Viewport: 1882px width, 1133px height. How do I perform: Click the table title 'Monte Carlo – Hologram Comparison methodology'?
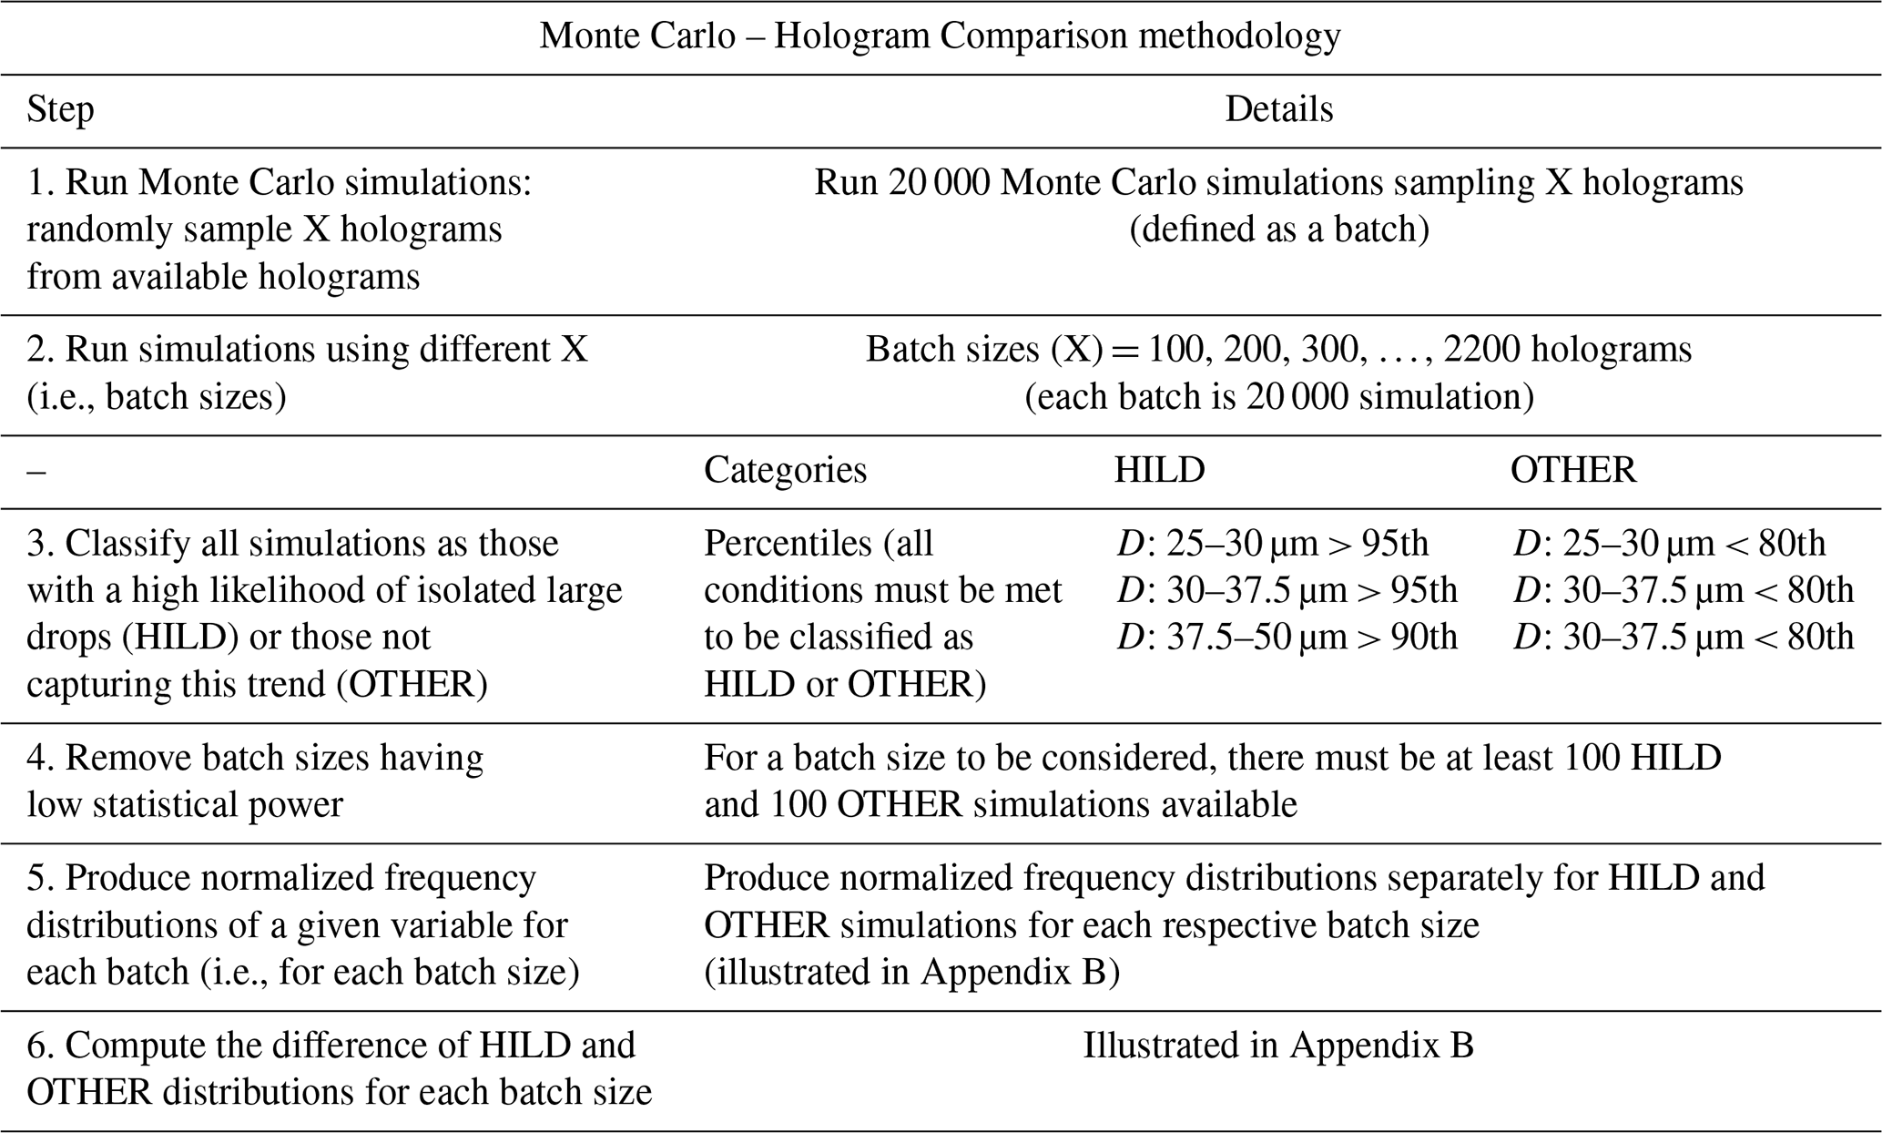(x=940, y=36)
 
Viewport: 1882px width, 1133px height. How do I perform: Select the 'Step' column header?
(x=60, y=109)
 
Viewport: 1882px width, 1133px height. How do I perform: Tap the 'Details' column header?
(x=1278, y=109)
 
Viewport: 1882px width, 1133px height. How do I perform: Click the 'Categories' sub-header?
(x=785, y=470)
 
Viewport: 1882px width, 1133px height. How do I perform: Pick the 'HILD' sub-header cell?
(x=1159, y=470)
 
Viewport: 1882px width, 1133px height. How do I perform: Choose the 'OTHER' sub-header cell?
(x=1572, y=470)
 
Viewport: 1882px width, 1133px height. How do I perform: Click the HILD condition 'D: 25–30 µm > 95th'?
(x=1272, y=544)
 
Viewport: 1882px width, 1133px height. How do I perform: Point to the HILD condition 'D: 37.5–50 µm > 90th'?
(x=1287, y=637)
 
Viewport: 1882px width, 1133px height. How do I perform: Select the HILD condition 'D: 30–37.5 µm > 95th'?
(x=1287, y=590)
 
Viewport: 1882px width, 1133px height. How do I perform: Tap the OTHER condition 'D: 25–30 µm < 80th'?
(x=1669, y=544)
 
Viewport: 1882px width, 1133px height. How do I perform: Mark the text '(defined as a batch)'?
(x=1278, y=229)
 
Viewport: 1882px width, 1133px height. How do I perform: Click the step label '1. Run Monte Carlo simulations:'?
(x=279, y=183)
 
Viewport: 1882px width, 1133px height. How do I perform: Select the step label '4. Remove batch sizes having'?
(x=255, y=758)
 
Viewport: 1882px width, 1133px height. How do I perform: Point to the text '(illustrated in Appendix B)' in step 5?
(x=911, y=972)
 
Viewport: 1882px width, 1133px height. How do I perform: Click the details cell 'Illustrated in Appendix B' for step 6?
(x=1277, y=1046)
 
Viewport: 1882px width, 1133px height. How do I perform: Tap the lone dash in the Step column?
(x=36, y=471)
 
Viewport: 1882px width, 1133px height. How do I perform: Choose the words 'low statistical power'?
(x=185, y=805)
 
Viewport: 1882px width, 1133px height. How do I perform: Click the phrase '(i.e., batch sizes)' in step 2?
(x=156, y=397)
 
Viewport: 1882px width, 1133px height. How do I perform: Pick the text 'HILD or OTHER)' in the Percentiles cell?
(x=844, y=684)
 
